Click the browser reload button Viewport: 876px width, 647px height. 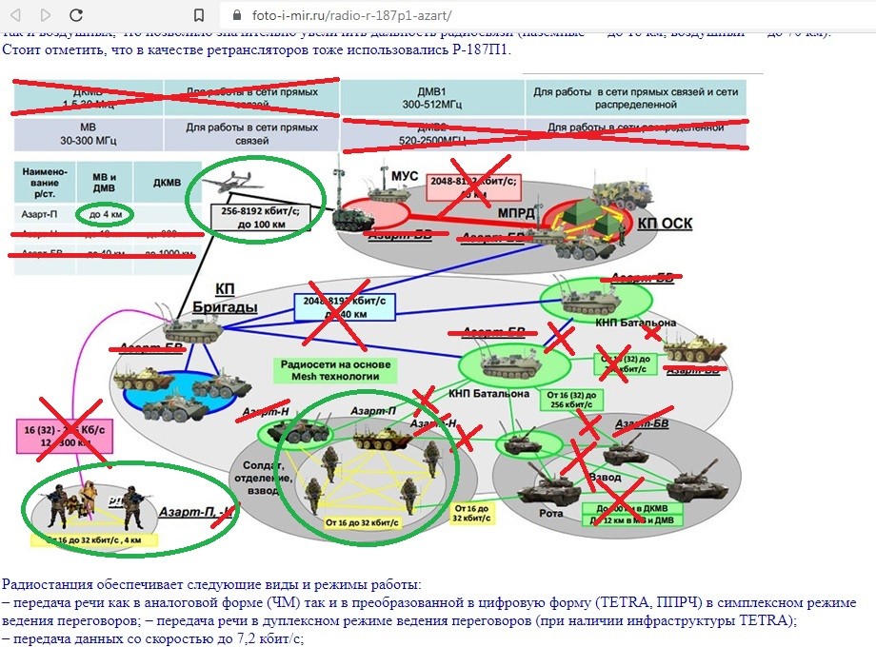[x=76, y=15]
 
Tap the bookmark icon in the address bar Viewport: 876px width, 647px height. [x=199, y=16]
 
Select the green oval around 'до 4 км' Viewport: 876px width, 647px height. [x=105, y=214]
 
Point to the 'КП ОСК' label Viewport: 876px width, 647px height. [x=666, y=224]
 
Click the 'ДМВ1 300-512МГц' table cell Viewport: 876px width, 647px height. [x=432, y=97]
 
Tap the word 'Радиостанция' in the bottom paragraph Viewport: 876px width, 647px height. [x=47, y=584]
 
